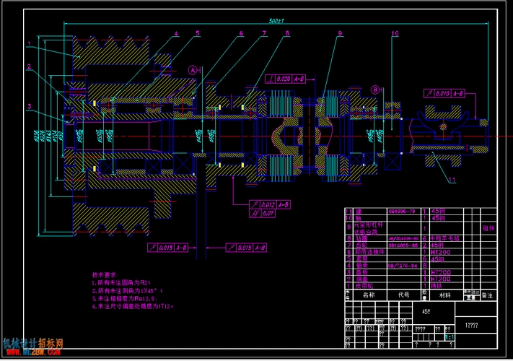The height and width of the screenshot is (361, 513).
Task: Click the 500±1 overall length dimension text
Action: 275,22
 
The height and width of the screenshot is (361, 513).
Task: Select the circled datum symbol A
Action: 193,70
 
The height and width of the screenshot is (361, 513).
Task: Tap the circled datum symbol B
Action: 375,90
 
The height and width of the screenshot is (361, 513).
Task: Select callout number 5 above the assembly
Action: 198,32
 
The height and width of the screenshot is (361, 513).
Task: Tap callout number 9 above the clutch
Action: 338,33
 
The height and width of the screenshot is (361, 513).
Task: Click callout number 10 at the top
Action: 394,33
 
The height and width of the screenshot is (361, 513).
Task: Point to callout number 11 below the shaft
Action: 452,178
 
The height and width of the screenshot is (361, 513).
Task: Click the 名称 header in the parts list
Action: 368,295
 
